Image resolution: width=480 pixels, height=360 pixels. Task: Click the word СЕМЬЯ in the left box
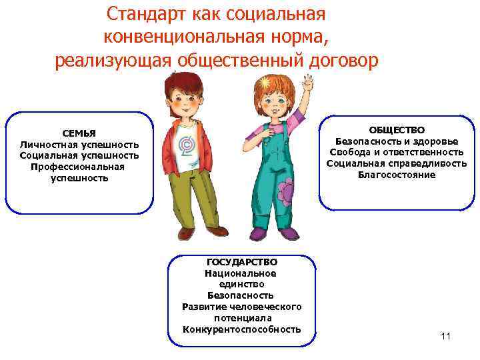point(79,133)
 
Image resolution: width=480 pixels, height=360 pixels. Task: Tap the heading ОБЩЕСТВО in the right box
point(397,129)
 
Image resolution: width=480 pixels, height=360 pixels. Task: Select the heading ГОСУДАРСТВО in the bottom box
point(241,262)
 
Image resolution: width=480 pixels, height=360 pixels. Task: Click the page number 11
point(445,335)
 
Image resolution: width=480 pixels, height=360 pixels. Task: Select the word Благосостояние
point(396,175)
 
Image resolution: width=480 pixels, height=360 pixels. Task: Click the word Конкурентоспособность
point(241,329)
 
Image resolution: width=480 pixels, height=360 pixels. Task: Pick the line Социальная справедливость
point(396,163)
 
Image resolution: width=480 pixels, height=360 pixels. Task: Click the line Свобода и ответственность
point(396,152)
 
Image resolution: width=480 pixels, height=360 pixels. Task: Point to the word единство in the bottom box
point(241,284)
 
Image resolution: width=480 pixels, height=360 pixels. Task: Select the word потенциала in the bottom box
point(241,318)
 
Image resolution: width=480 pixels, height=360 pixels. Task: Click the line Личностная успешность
point(79,144)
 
